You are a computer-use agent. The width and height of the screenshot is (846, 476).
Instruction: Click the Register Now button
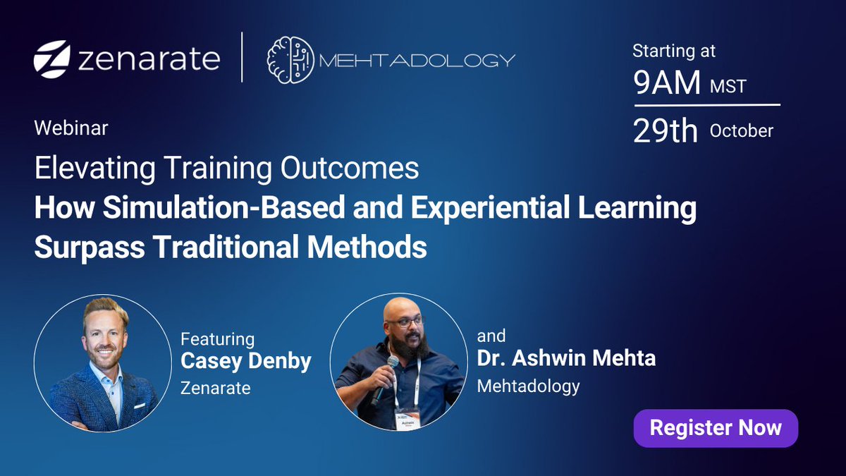pyautogui.click(x=716, y=428)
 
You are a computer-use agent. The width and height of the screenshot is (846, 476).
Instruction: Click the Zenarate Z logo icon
pyautogui.click(x=51, y=59)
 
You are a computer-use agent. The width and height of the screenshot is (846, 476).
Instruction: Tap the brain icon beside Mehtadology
pyautogui.click(x=289, y=59)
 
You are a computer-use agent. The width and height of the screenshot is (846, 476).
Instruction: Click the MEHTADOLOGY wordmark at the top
pyautogui.click(x=417, y=60)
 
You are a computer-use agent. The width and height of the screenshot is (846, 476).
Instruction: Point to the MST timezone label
pyautogui.click(x=728, y=87)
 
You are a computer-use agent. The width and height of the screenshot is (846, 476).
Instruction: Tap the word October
pyautogui.click(x=741, y=131)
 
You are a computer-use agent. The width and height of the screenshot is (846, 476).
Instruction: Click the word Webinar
pyautogui.click(x=70, y=128)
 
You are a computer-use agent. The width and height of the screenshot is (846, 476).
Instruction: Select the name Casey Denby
pyautogui.click(x=246, y=361)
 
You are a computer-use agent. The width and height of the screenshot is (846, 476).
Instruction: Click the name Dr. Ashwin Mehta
pyautogui.click(x=566, y=358)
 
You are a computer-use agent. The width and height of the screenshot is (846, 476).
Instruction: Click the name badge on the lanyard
pyautogui.click(x=407, y=418)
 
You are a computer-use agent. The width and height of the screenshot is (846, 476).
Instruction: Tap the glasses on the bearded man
pyautogui.click(x=405, y=322)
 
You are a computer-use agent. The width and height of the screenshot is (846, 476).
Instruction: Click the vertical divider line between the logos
pyautogui.click(x=243, y=57)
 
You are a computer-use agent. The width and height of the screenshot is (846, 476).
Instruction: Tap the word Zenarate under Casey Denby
pyautogui.click(x=216, y=388)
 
